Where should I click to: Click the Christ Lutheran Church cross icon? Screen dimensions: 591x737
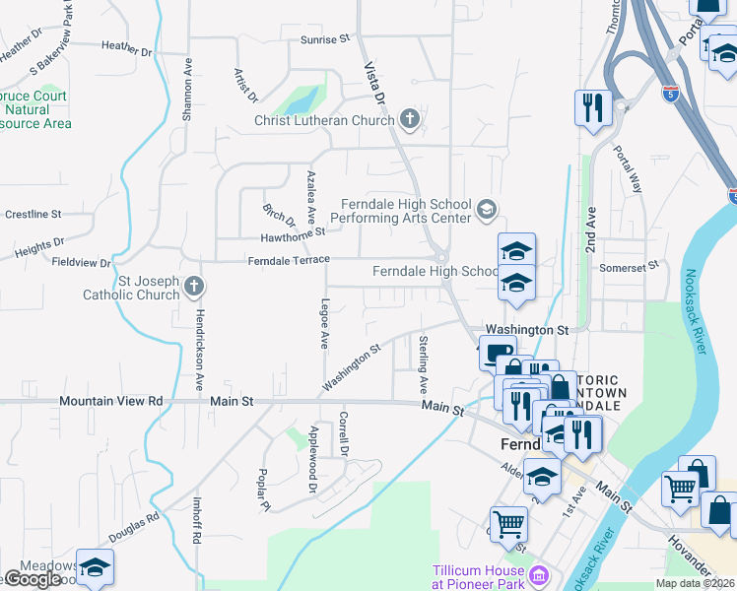[x=410, y=120]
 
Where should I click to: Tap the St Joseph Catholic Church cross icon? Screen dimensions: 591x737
[x=193, y=288]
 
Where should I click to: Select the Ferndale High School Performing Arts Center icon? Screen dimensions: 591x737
[x=486, y=209]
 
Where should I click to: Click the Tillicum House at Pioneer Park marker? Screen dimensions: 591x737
[x=538, y=573]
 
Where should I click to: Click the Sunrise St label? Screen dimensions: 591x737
[x=325, y=39]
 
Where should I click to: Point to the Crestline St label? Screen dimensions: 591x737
[x=33, y=214]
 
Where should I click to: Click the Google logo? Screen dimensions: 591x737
[x=32, y=578]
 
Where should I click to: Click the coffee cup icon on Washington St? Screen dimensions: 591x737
[x=498, y=351]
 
